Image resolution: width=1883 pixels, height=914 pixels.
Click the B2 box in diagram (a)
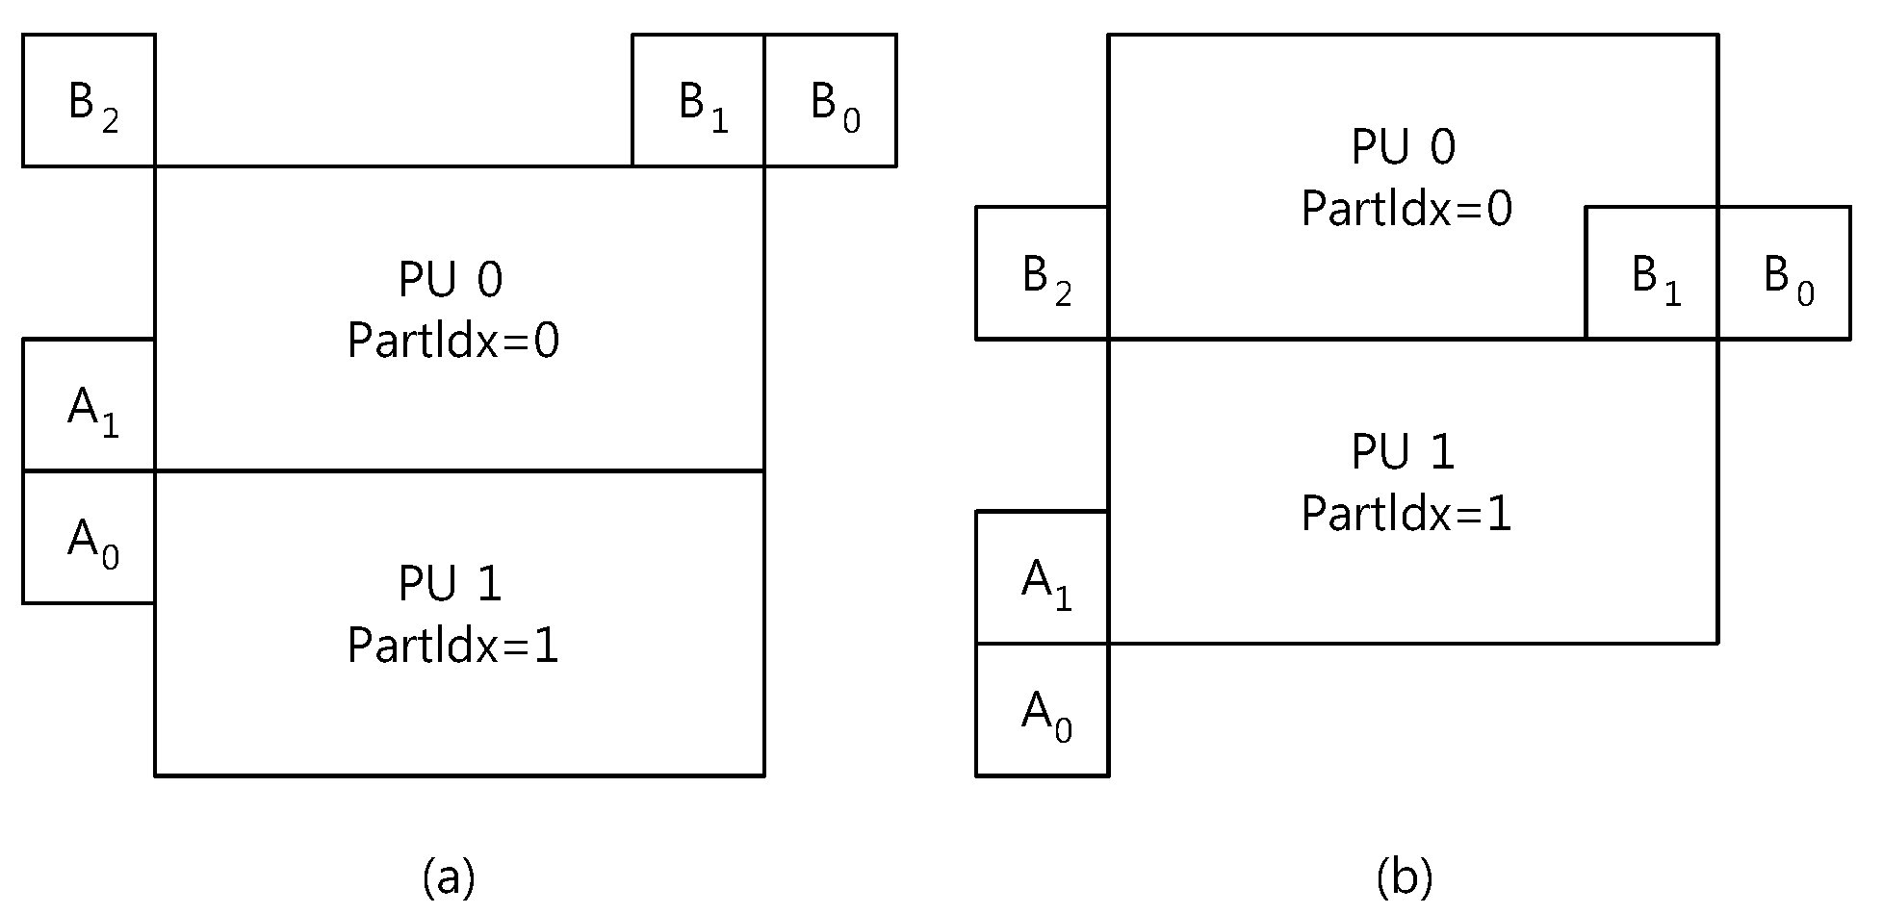coord(89,100)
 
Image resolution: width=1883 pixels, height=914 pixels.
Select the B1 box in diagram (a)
coord(698,100)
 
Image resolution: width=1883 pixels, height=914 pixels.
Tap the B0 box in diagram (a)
coord(831,100)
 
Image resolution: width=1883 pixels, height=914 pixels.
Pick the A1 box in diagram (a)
coord(89,404)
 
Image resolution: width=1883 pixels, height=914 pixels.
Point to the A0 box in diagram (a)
coord(89,537)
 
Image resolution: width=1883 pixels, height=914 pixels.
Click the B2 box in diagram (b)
coord(1043,272)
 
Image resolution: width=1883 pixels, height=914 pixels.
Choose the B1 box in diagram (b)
coord(1652,272)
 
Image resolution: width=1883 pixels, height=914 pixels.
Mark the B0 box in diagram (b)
coord(1785,272)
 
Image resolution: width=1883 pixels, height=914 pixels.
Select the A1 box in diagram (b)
coord(1043,577)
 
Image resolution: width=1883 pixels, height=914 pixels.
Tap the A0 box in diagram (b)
coord(1043,709)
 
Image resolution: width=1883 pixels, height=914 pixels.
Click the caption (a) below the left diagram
coord(449,876)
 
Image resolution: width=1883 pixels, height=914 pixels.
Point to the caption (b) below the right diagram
coord(1405,876)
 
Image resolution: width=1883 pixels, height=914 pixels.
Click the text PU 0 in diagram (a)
coord(451,280)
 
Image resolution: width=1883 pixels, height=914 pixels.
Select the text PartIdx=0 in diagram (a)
coord(453,341)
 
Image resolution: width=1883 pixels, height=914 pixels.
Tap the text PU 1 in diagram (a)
coord(451,584)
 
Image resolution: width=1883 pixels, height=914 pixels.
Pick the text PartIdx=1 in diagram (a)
coord(453,645)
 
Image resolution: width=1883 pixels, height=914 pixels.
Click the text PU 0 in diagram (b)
coord(1405,147)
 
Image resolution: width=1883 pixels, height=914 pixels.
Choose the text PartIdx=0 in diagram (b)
coord(1407,209)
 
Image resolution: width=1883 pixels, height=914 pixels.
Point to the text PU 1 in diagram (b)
coord(1405,452)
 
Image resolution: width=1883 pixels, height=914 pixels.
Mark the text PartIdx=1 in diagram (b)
coord(1407,513)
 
